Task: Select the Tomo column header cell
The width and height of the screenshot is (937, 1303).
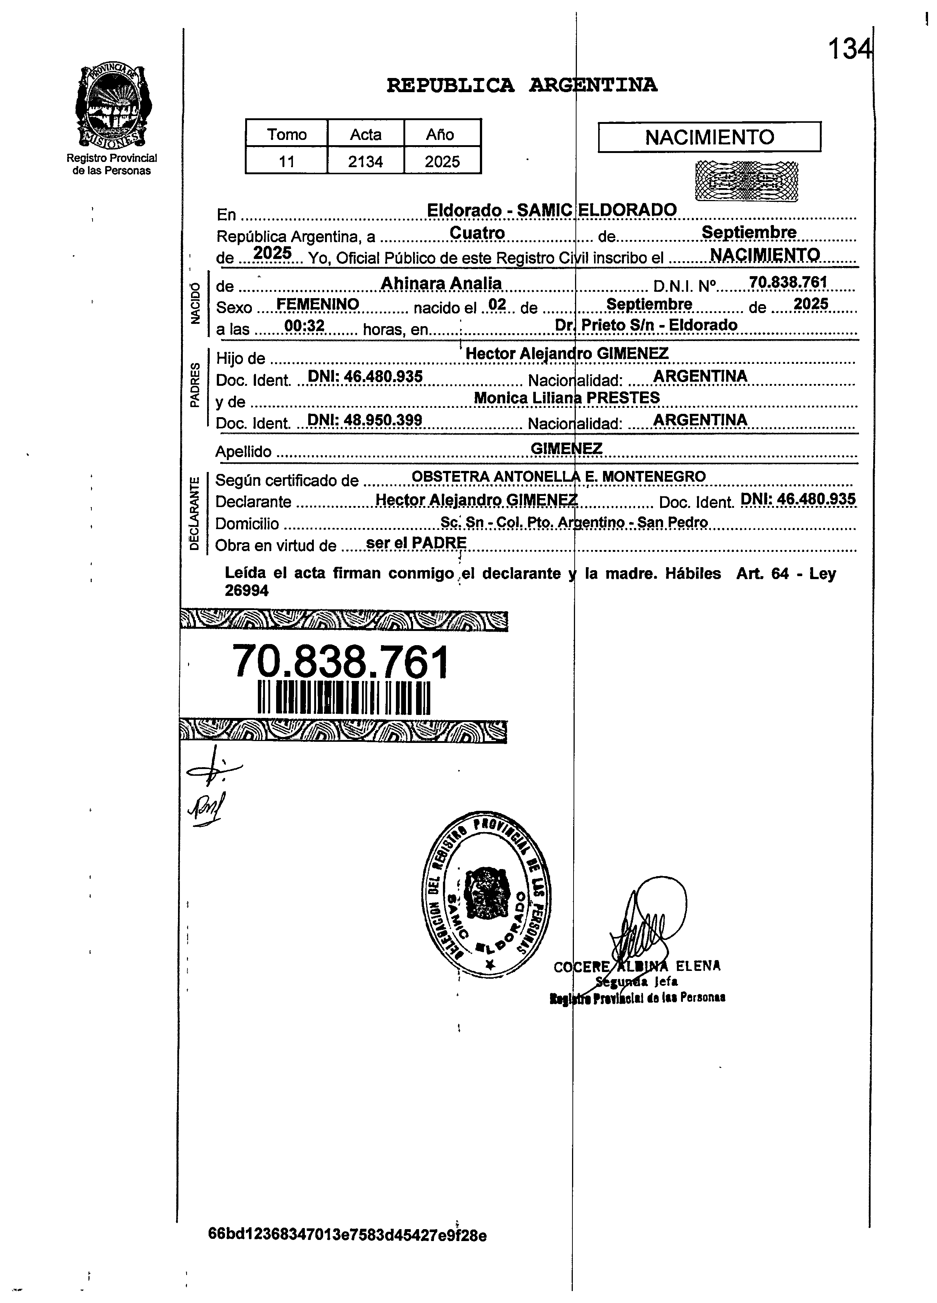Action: pos(286,134)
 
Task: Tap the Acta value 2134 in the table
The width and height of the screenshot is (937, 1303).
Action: pos(365,162)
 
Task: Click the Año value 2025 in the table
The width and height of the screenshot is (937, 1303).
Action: pos(442,162)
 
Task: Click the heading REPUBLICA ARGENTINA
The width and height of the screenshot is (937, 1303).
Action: pos(522,85)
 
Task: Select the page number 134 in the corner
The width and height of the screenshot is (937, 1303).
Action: pos(849,49)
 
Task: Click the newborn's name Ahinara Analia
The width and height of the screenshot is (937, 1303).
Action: pos(441,283)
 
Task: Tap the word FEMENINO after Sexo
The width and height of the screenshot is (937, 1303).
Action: pos(318,304)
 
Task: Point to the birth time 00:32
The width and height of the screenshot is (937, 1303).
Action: pos(304,326)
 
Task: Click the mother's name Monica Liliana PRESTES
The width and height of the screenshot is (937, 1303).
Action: pos(566,397)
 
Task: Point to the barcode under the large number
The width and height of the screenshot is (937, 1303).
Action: pos(344,697)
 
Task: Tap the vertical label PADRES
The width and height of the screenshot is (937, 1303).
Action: pos(195,385)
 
